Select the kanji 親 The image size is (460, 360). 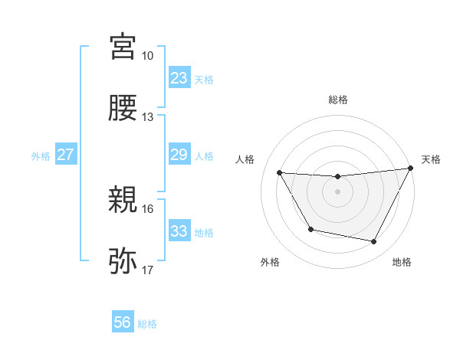click(123, 201)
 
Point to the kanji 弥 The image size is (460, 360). click(123, 262)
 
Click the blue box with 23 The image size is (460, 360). click(179, 78)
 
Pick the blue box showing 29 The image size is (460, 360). click(179, 155)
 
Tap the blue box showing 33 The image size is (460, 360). click(179, 231)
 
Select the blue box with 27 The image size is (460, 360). click(66, 155)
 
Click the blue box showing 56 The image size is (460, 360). click(123, 323)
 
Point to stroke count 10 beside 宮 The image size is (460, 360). click(147, 56)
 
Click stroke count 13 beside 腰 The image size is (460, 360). click(147, 117)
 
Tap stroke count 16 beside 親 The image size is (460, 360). click(147, 209)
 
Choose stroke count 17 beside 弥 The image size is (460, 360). click(147, 270)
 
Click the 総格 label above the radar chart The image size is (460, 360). click(337, 100)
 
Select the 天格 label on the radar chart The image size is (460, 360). click(431, 159)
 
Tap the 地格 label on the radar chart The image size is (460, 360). click(402, 262)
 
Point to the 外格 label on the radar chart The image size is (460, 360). click(270, 262)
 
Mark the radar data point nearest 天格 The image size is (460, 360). click(410, 169)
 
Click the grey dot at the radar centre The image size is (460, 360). click(337, 191)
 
